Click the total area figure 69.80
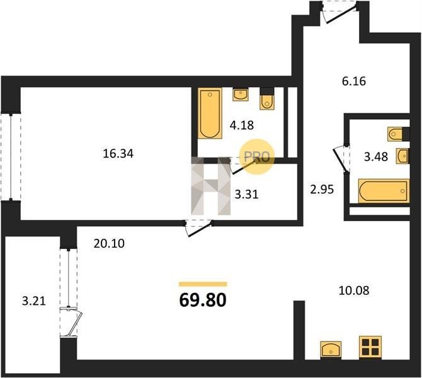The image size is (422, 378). coord(203,300)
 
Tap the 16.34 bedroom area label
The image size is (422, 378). coord(118,154)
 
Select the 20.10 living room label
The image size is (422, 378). coord(109,244)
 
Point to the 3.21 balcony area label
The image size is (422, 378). coord(34,301)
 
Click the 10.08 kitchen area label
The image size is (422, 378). coord(353,290)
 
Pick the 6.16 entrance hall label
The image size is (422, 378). coord(354,81)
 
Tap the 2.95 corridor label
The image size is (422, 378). coord(322,189)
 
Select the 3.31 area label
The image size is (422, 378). coord(246,194)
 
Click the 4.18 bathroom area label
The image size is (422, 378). coord(242,125)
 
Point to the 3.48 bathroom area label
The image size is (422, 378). coord(376,156)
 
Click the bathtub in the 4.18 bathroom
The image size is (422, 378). coord(210,113)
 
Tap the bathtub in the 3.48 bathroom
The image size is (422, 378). coord(384,191)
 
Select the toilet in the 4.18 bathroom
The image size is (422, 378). coord(267,98)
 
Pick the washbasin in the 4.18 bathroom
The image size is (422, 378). coord(241,94)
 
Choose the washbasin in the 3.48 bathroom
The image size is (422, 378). coord(402,156)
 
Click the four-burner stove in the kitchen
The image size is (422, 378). coord(370,347)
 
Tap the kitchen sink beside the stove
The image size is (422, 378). coord(331,350)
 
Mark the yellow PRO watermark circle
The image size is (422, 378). coord(257,156)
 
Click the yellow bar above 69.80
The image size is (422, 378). coord(203,284)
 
